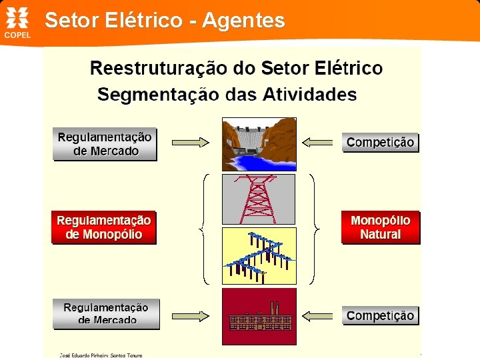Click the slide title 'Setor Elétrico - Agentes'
tap(165, 21)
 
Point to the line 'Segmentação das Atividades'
tap(227, 95)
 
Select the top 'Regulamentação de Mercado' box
tap(105, 144)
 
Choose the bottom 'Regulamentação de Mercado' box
tap(106, 314)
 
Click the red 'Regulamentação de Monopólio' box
tap(103, 227)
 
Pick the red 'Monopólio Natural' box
tap(380, 227)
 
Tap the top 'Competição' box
tap(380, 142)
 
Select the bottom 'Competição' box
tap(380, 315)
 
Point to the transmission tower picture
tap(259, 199)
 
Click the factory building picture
tap(259, 316)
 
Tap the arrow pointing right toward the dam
tap(191, 142)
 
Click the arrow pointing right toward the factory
tap(191, 315)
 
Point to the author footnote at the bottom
tap(101, 355)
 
